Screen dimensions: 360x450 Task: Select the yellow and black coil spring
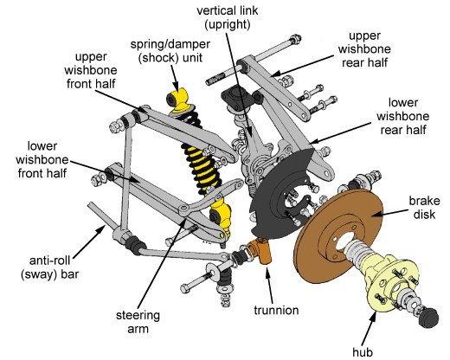point(196,160)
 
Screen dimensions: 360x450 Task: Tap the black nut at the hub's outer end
point(428,319)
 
